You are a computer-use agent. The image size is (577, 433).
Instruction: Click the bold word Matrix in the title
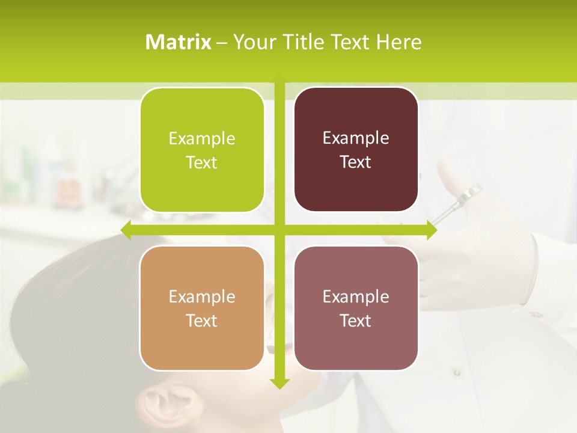tap(179, 42)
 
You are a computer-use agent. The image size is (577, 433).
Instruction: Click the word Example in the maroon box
tap(356, 138)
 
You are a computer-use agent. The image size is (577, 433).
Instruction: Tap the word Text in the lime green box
tap(202, 163)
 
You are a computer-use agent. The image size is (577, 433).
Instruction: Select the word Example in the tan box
tap(202, 296)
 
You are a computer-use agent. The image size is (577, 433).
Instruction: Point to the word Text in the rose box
tap(356, 321)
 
